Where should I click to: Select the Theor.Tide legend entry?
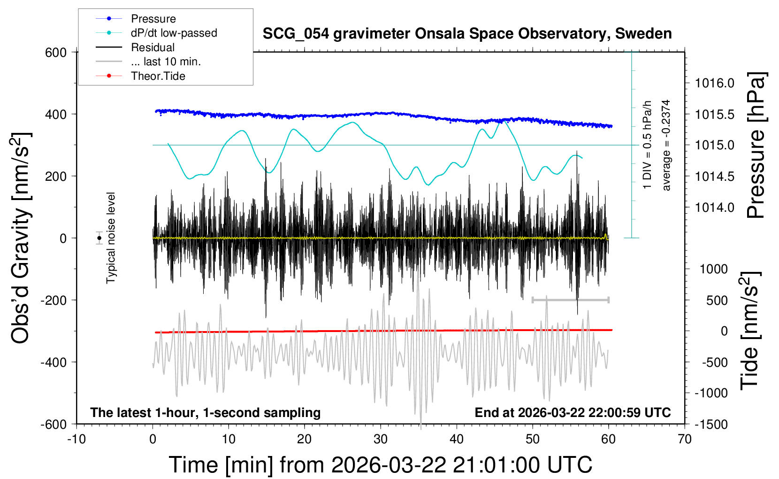click(x=158, y=76)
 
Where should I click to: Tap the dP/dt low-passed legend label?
click(x=174, y=33)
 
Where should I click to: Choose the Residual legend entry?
click(x=153, y=47)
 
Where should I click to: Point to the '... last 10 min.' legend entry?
click(x=166, y=62)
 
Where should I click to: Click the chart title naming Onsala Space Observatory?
click(x=467, y=34)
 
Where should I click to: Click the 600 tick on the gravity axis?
click(x=56, y=52)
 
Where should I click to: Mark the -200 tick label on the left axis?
click(x=53, y=300)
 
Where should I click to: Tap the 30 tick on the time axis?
click(x=381, y=440)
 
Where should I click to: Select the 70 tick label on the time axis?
click(x=685, y=440)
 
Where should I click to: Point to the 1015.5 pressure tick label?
click(x=714, y=114)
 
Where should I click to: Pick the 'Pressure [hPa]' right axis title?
click(x=756, y=145)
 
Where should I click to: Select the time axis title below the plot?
click(x=380, y=465)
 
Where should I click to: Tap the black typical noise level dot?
click(x=99, y=238)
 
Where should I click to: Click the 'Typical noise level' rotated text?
click(x=111, y=238)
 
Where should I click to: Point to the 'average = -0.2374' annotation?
click(x=666, y=145)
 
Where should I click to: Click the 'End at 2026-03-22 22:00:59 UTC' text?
click(x=573, y=413)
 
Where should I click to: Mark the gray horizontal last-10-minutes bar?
click(x=570, y=300)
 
